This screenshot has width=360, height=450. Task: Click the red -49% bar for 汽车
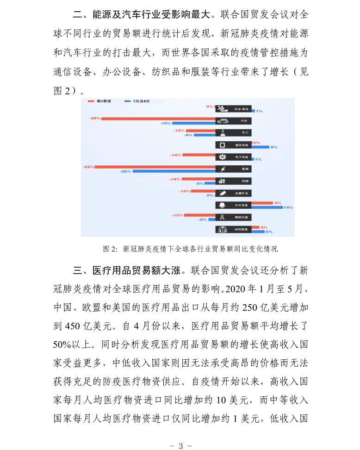click(x=158, y=119)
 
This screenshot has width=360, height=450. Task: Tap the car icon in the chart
click(x=223, y=121)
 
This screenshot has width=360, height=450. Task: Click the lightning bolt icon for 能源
click(x=223, y=169)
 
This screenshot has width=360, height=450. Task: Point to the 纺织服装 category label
click(x=241, y=229)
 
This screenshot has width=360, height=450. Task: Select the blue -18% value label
click(x=165, y=124)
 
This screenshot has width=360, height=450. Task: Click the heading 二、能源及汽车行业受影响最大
click(x=143, y=14)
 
